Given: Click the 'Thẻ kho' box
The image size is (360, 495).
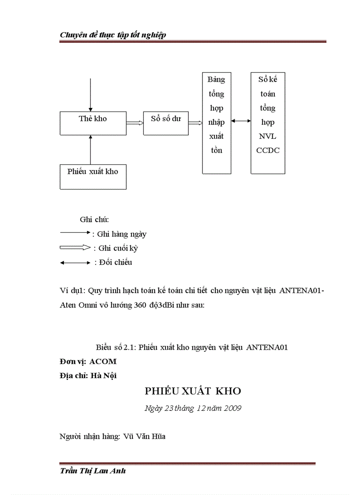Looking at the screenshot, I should pos(93,123).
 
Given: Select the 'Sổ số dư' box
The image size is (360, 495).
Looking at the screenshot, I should pos(166,123).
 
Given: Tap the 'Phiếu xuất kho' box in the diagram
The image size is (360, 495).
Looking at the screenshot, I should pos(93,176).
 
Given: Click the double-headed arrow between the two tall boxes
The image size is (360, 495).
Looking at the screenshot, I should pos(241,121).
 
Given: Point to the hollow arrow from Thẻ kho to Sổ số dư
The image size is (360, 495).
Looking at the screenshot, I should pos(135,123).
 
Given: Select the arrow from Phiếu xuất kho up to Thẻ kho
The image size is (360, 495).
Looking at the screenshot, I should pos(90,150).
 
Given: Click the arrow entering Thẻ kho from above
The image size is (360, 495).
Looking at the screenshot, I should pos(90,95).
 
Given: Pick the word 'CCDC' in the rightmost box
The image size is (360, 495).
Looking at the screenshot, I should pos(268,150).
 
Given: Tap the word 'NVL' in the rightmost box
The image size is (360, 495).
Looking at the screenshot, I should pos(268,136).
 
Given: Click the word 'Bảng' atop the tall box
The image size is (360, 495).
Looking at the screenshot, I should pos(216,80).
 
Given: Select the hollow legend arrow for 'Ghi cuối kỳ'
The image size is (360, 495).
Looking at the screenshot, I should pos(75,248).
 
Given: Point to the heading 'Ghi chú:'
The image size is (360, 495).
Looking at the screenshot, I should pos(94,220).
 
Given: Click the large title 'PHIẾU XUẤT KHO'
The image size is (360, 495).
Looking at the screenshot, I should pos(193,391).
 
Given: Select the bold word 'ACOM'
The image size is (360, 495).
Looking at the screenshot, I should pos(103,361).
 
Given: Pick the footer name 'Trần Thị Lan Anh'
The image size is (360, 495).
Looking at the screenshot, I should pos(93,471).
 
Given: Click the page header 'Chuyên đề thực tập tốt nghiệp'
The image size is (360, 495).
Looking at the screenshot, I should pos(113,35).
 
